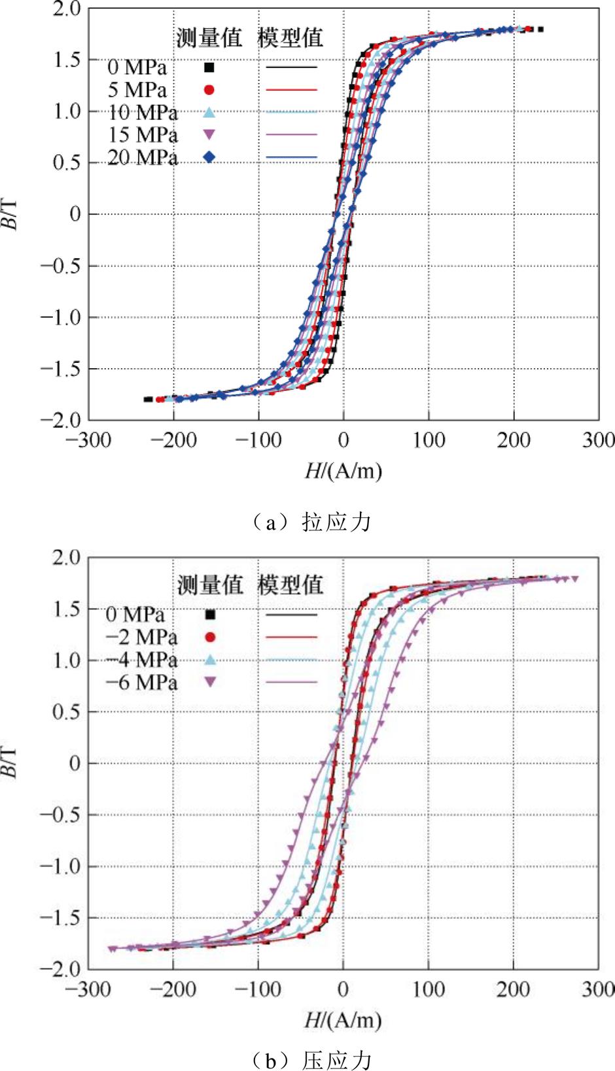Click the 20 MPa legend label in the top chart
pyautogui.click(x=142, y=158)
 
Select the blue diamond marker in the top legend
pyautogui.click(x=209, y=157)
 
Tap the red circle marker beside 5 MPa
pyautogui.click(x=209, y=90)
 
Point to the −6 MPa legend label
pyautogui.click(x=141, y=683)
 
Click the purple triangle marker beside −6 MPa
pyautogui.click(x=211, y=682)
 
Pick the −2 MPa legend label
pyautogui.click(x=141, y=637)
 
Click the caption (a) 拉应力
pyautogui.click(x=311, y=522)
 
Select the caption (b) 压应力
pyautogui.click(x=311, y=1059)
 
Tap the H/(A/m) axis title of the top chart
pyautogui.click(x=343, y=470)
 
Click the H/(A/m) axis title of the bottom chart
pyautogui.click(x=343, y=1019)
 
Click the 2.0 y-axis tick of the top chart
pyautogui.click(x=67, y=9)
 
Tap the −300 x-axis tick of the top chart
pyautogui.click(x=88, y=440)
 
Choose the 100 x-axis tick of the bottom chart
pyautogui.click(x=429, y=989)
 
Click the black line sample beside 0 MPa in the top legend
pyautogui.click(x=292, y=67)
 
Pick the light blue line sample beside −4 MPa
pyautogui.click(x=292, y=660)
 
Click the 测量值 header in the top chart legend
pyautogui.click(x=209, y=37)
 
